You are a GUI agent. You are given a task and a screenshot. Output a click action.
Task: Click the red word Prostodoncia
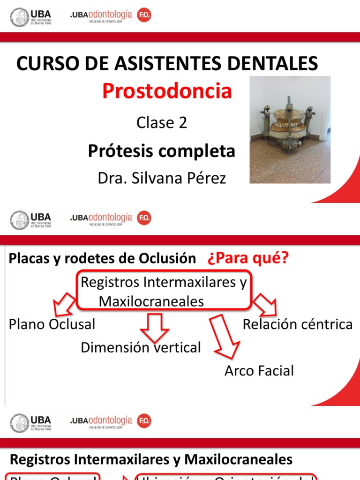coord(167,91)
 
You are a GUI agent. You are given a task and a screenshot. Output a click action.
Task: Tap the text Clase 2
coord(162,123)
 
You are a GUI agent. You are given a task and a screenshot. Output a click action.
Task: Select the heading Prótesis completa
coord(162,151)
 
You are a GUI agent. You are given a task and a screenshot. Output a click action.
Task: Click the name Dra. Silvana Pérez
coord(162,178)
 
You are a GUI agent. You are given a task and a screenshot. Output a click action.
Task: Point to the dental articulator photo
coord(290,129)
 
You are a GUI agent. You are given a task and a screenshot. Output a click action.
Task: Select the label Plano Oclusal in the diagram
coord(52,324)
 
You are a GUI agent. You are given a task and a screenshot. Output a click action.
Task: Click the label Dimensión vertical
coord(141,347)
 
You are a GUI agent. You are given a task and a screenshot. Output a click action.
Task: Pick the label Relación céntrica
coord(298,324)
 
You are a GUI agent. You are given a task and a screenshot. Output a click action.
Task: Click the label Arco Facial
coord(259,371)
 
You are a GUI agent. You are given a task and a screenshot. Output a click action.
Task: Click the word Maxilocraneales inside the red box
coord(151,301)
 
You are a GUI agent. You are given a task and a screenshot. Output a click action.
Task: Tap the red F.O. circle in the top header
coord(144,16)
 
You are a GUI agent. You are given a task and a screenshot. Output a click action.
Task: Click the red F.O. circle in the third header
coord(144,421)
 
